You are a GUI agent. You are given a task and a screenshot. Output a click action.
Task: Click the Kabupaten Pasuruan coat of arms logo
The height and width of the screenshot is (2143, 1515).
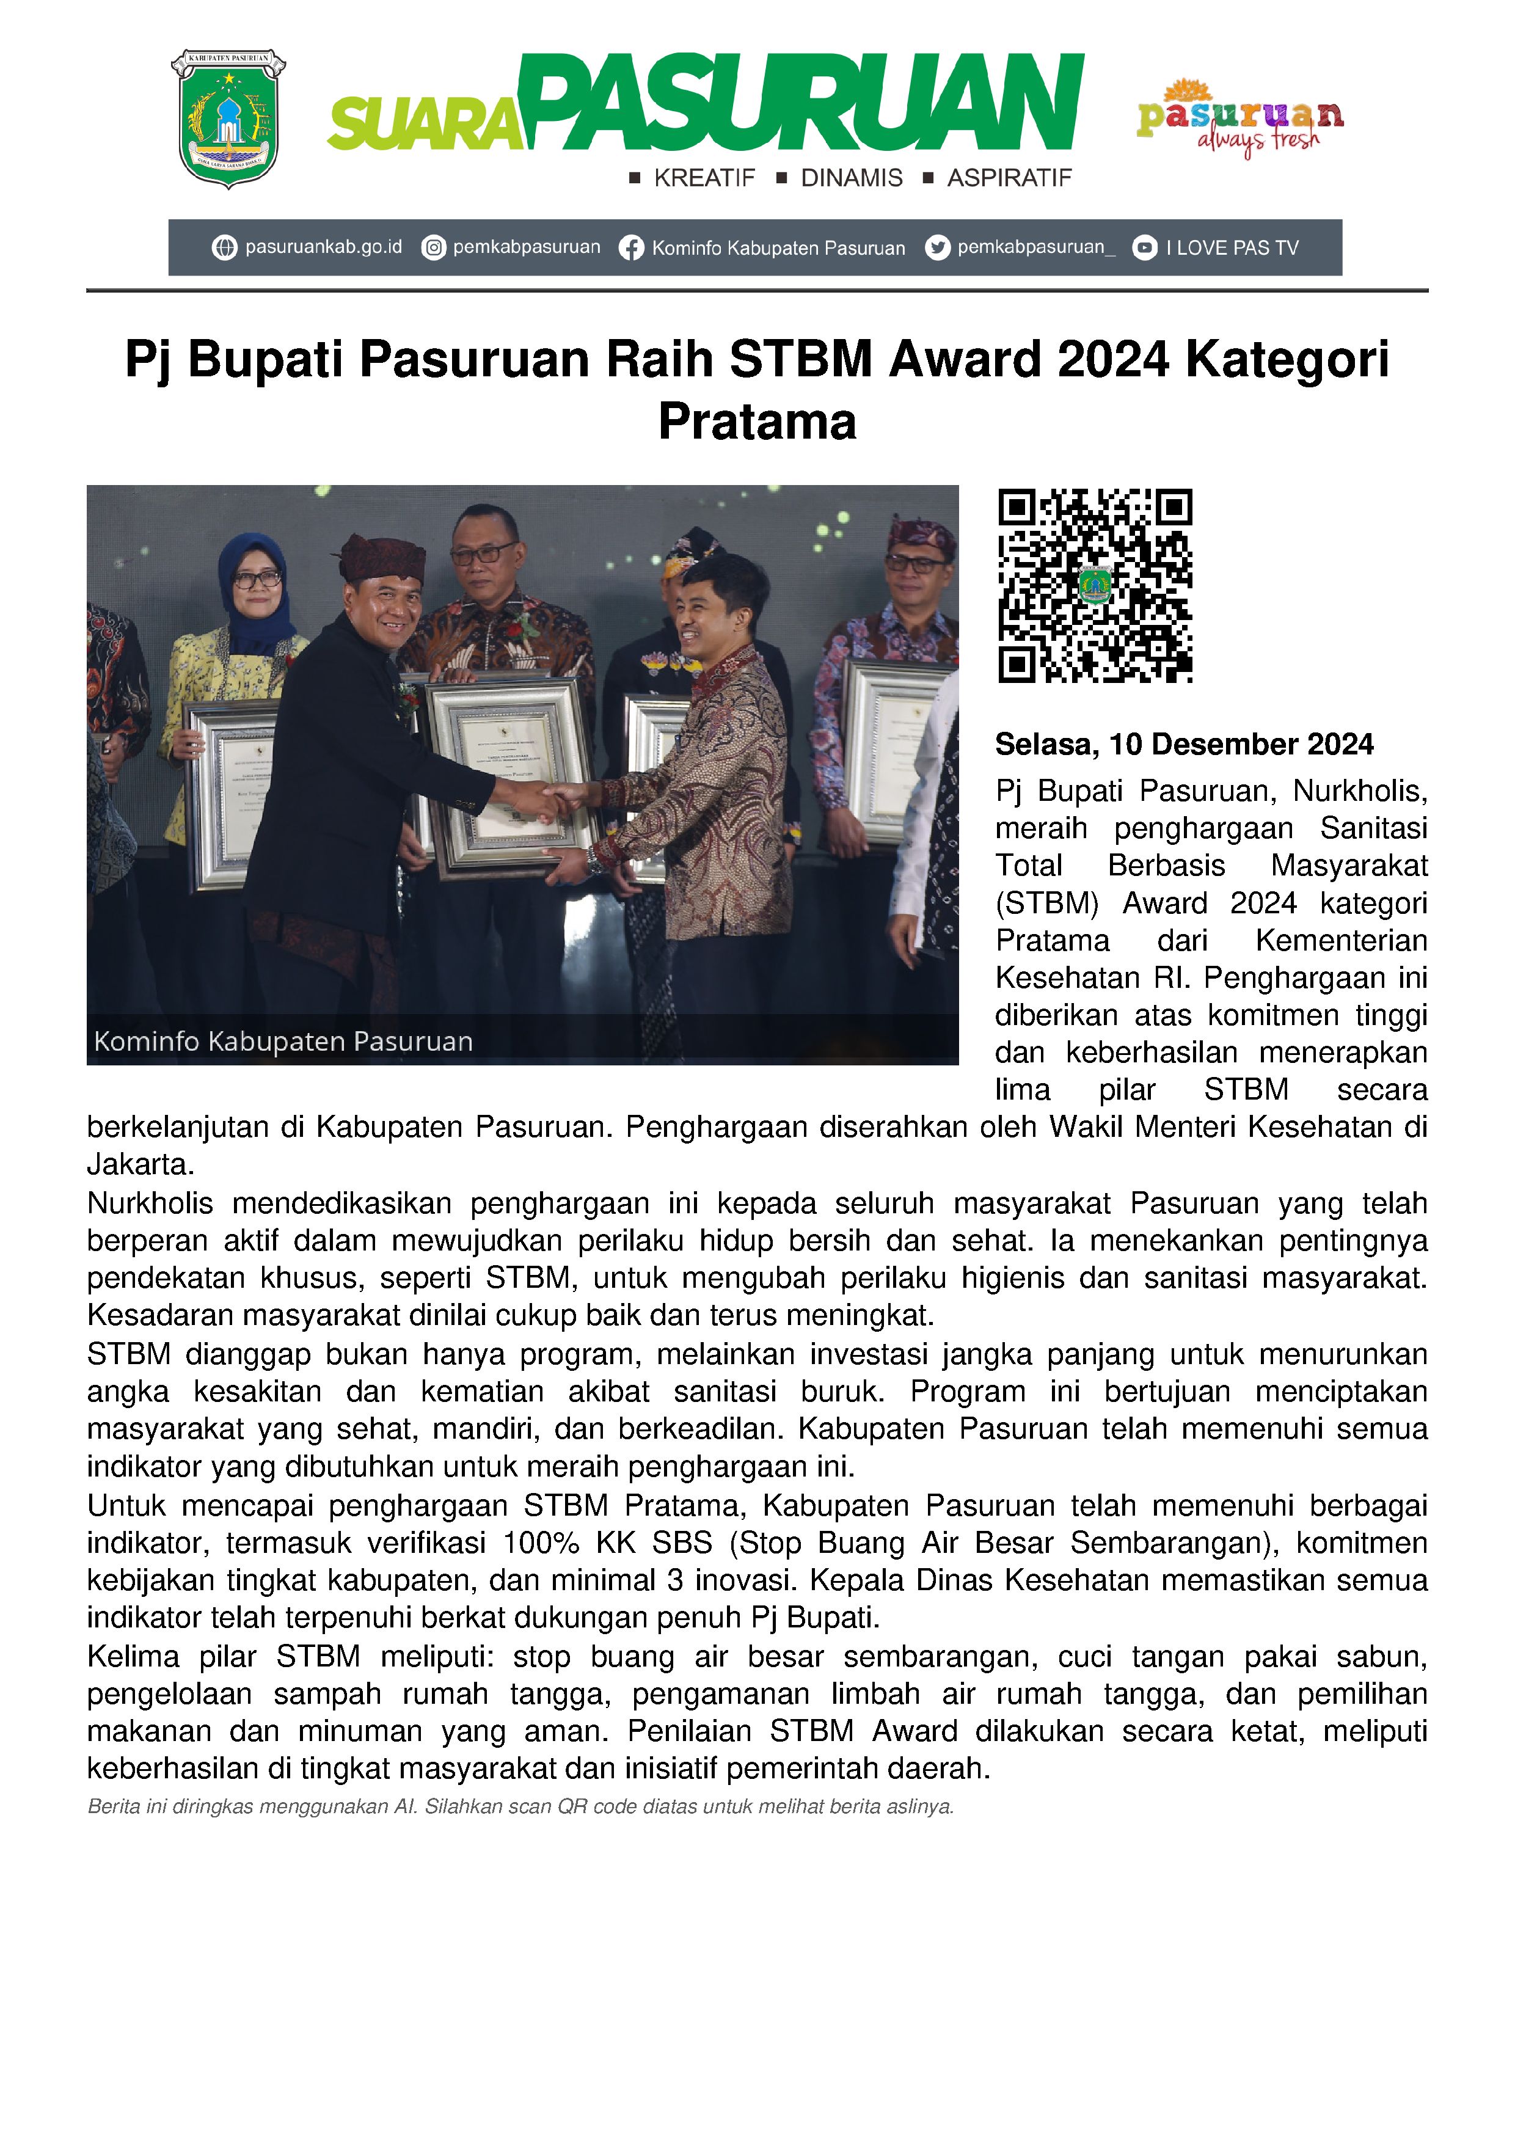(228, 119)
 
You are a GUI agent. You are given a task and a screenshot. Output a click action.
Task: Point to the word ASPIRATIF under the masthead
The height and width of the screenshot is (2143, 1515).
(1009, 178)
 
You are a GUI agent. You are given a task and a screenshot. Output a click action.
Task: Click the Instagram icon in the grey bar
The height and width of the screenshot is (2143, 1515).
(433, 248)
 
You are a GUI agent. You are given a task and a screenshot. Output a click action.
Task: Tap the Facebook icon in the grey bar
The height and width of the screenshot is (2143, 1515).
(631, 248)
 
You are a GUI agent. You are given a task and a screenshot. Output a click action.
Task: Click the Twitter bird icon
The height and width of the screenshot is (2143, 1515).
(937, 248)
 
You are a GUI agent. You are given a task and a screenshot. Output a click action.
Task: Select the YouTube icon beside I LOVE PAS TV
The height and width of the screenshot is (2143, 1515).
(1144, 248)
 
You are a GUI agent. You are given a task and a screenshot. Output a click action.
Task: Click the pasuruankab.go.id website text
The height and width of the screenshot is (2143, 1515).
(323, 247)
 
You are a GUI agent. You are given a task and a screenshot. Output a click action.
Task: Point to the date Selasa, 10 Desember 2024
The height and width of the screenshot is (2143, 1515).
(1184, 744)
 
